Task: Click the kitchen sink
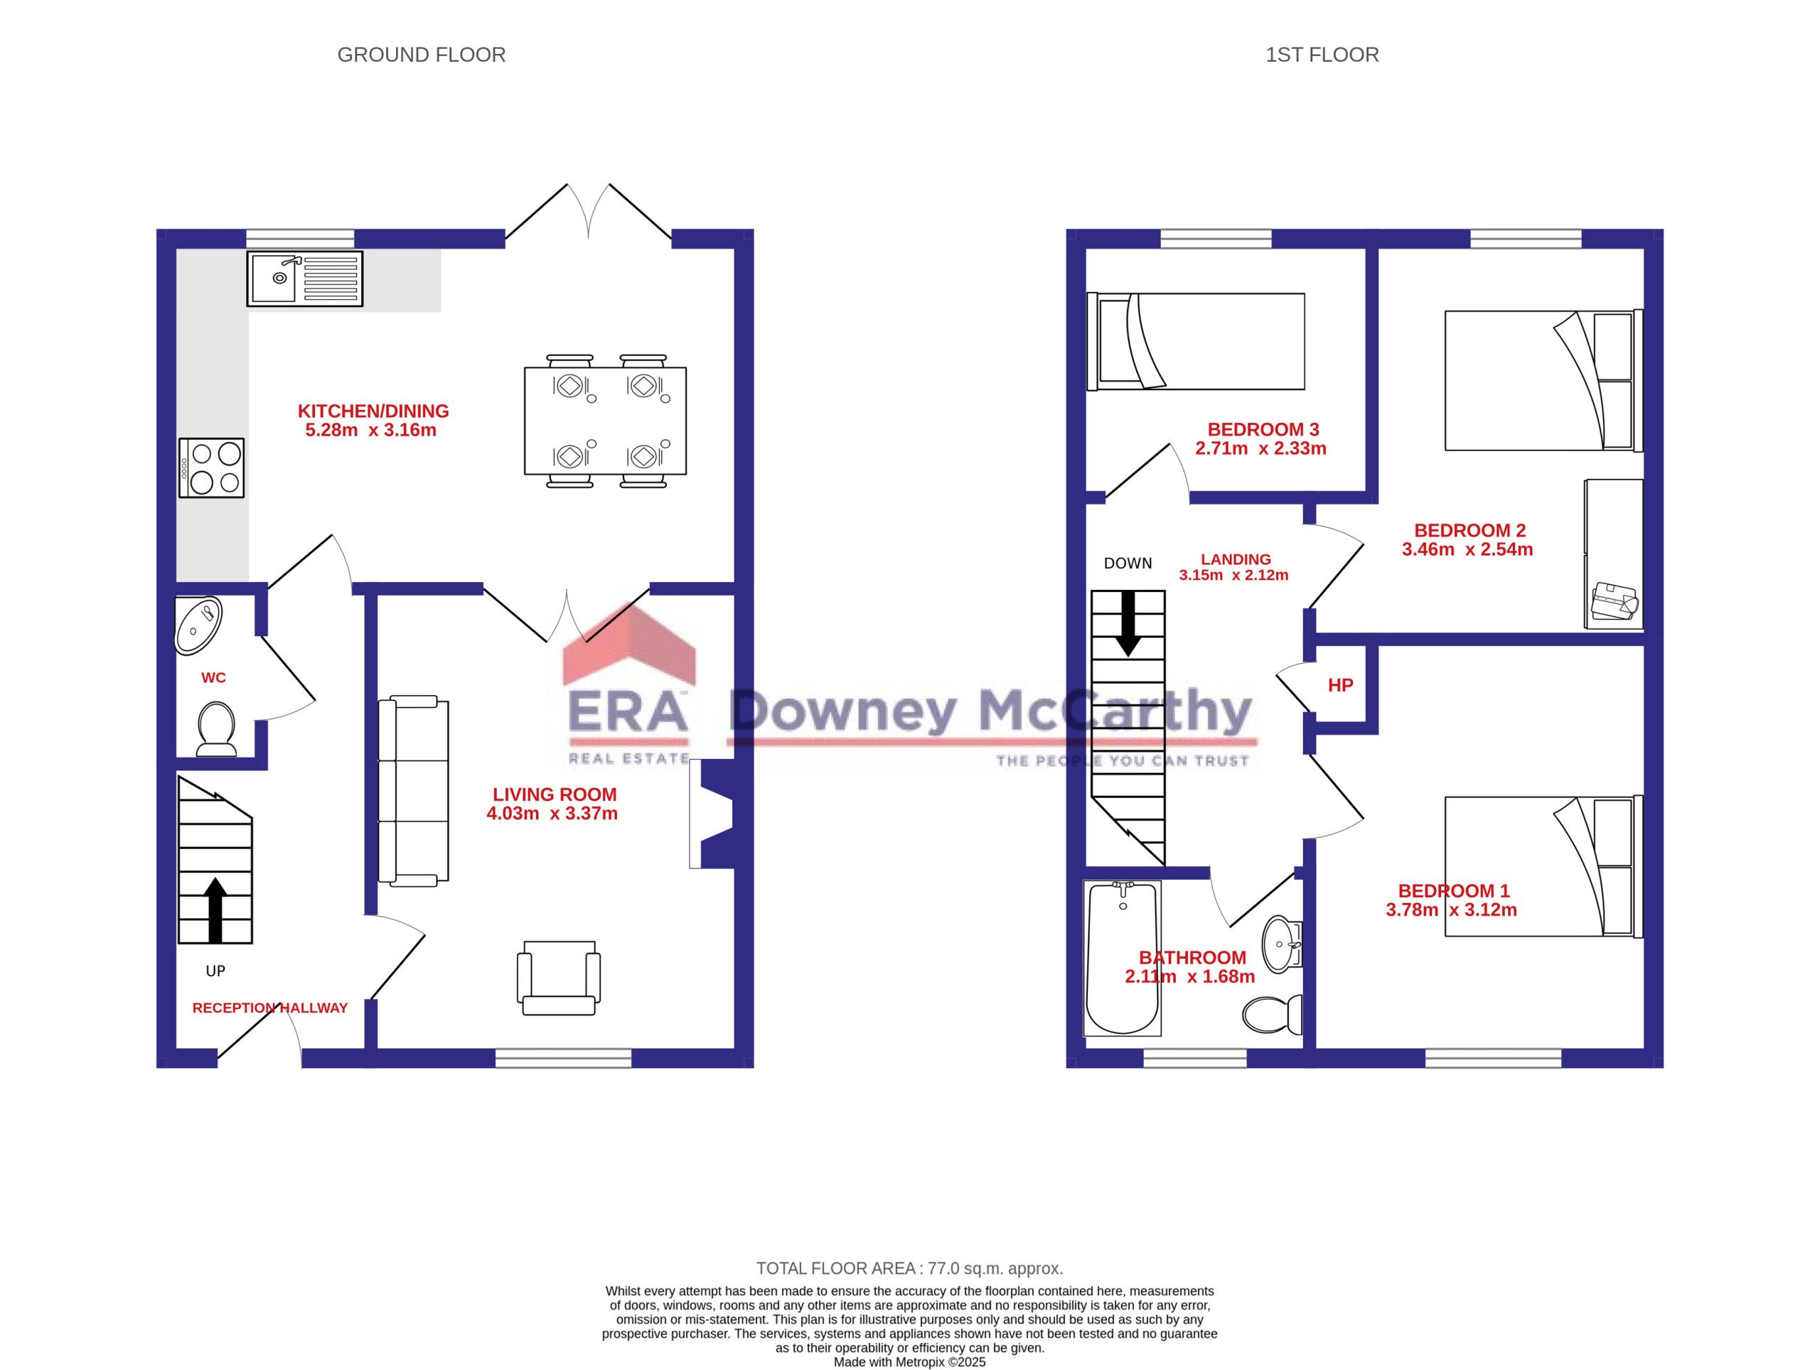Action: (304, 279)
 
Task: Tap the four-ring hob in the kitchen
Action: (211, 468)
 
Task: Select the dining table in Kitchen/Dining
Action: (605, 420)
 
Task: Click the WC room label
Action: (214, 678)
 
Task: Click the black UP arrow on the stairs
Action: (215, 910)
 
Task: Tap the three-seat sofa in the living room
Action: (413, 791)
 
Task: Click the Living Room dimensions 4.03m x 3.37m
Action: (552, 814)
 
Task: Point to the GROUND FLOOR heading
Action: (422, 55)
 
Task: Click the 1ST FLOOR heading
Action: (1322, 55)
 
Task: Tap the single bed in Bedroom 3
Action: (1197, 341)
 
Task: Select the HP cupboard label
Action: (1340, 685)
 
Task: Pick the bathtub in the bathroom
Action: (1123, 959)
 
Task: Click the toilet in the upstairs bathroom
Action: (1272, 1015)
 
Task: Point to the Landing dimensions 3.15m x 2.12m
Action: (1233, 576)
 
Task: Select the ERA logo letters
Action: (628, 712)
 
